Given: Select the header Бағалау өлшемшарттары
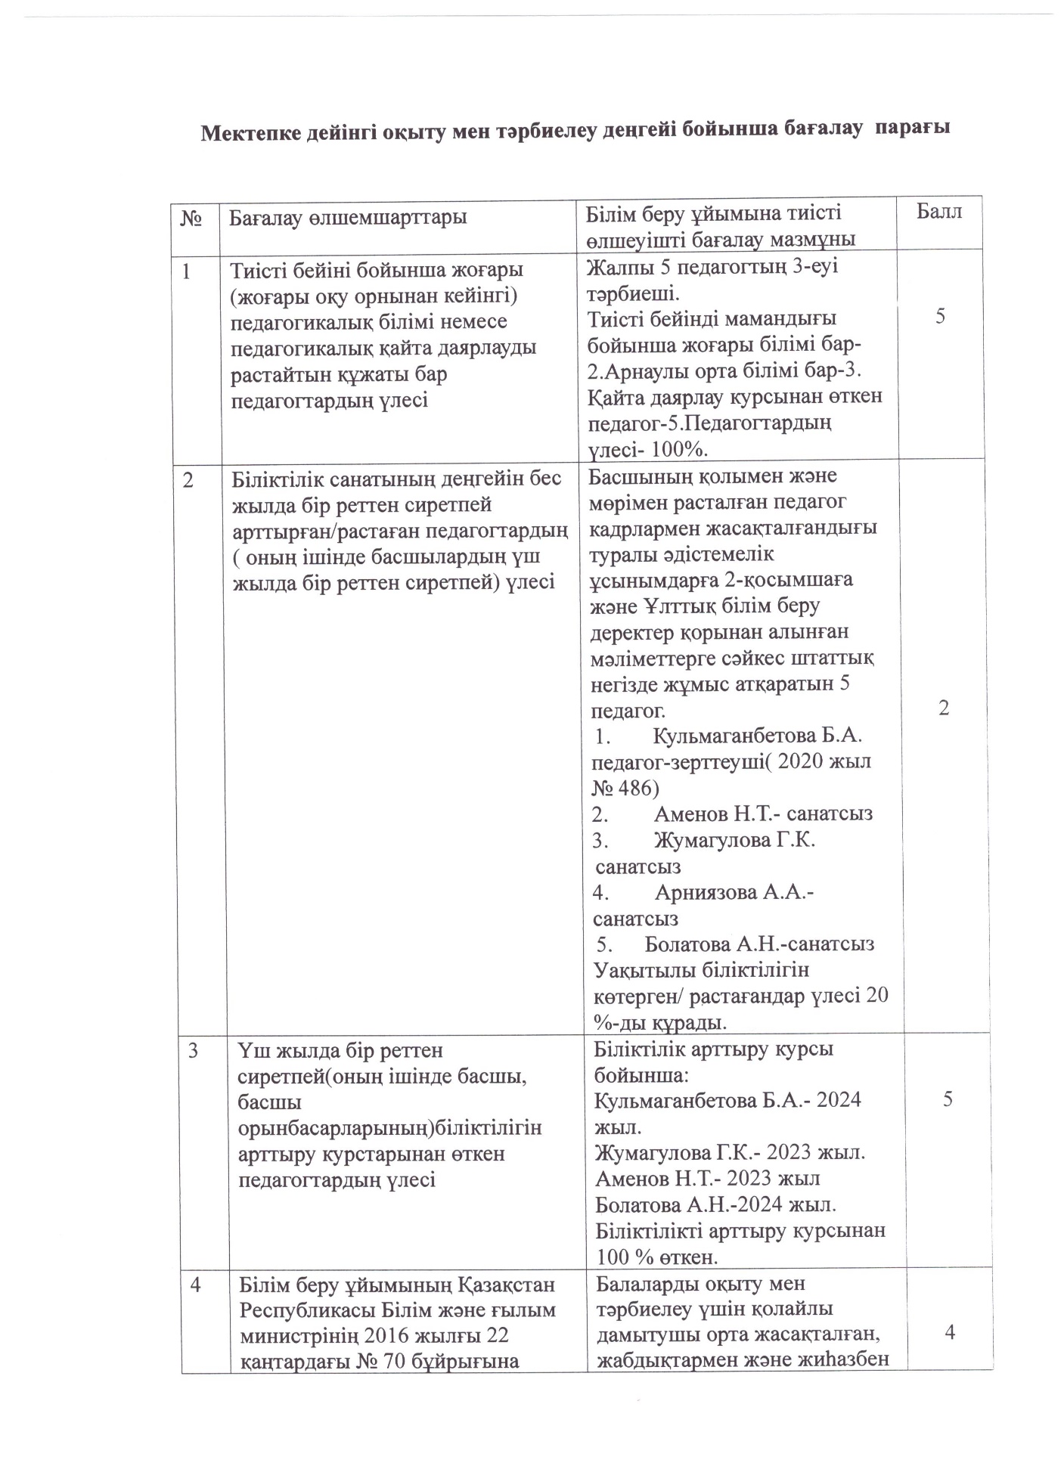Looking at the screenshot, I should coord(348,218).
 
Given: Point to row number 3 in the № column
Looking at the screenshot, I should coord(194,1050).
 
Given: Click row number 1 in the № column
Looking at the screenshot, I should coord(186,270).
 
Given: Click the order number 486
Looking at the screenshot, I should coord(638,788).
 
